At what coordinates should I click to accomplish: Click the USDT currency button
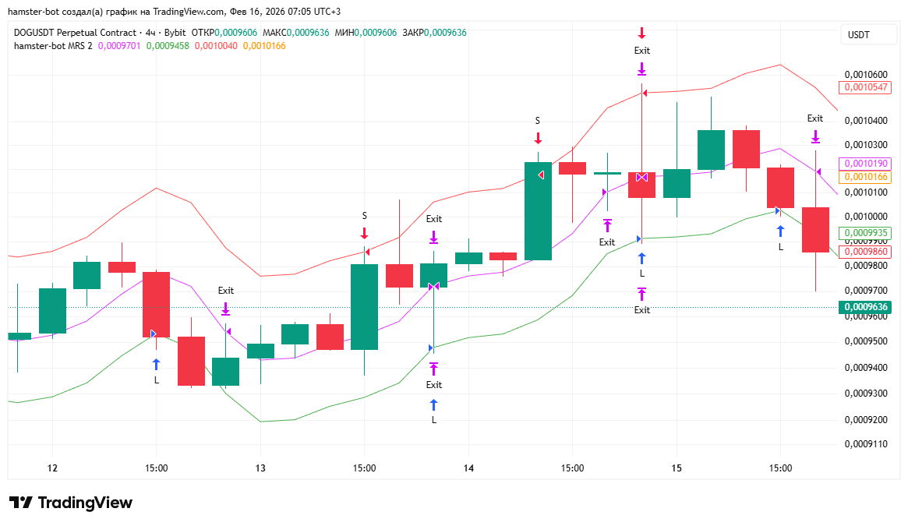858,35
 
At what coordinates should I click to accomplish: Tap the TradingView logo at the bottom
71,503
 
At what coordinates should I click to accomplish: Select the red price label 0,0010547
864,87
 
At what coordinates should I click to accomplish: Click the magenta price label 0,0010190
864,164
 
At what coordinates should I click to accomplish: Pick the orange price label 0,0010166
864,177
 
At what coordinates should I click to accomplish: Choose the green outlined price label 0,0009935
864,232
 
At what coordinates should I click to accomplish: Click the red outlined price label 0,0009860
864,252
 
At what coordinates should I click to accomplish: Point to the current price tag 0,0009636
864,307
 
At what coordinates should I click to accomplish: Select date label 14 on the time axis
468,468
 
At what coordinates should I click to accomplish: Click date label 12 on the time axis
52,468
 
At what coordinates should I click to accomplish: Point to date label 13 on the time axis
260,468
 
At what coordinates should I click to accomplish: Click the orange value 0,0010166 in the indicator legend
264,46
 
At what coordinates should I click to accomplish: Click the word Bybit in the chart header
176,33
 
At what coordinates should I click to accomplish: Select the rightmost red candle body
815,229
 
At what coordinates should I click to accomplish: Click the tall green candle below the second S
538,210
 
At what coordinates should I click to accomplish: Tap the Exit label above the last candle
815,118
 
